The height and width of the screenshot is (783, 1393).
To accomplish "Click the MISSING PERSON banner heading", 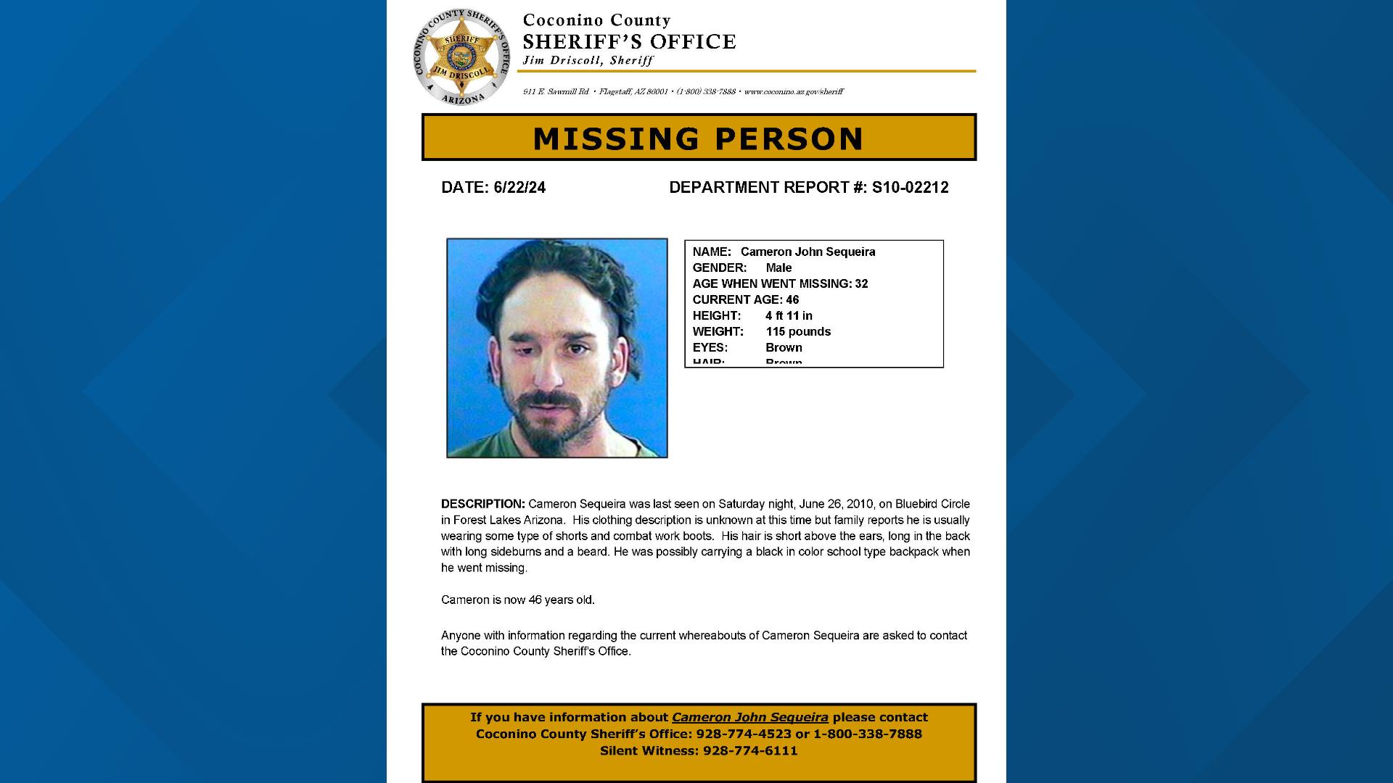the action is point(698,138).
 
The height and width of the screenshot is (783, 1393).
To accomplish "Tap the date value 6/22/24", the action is point(519,188).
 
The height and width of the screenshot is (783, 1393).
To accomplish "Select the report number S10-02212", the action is point(910,188).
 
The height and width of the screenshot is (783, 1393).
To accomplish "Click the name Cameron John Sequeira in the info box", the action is point(808,252).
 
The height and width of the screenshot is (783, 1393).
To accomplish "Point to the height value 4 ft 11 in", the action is point(789,316).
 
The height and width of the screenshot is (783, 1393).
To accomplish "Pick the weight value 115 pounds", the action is point(798,332).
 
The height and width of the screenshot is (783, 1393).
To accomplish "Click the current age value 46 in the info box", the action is point(792,300).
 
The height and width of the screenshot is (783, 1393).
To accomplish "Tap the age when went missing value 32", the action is point(861,284).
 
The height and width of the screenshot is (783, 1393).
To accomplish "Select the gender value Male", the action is point(778,268).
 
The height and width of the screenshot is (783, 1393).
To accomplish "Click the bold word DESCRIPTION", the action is point(482,505).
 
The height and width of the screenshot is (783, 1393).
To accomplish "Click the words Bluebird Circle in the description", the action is point(932,505).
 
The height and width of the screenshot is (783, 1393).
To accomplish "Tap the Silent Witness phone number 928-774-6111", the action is point(749,751).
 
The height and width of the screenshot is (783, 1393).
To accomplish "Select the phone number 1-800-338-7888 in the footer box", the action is point(867,734).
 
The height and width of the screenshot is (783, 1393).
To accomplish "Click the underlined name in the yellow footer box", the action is point(749,718).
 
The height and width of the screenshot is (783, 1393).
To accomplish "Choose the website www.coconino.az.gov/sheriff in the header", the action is point(793,92).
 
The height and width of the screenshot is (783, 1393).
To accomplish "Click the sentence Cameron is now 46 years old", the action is point(518,600).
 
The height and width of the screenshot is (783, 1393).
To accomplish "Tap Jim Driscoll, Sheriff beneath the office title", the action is point(588,61).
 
